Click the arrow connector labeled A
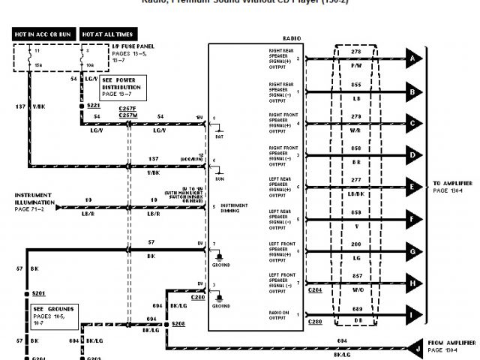[412, 58]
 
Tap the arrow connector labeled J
[412, 347]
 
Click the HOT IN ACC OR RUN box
[43, 34]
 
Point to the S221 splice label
[93, 106]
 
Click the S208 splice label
[178, 323]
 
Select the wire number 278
[357, 51]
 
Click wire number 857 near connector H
[357, 277]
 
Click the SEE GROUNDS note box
[52, 314]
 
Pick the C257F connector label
[127, 109]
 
